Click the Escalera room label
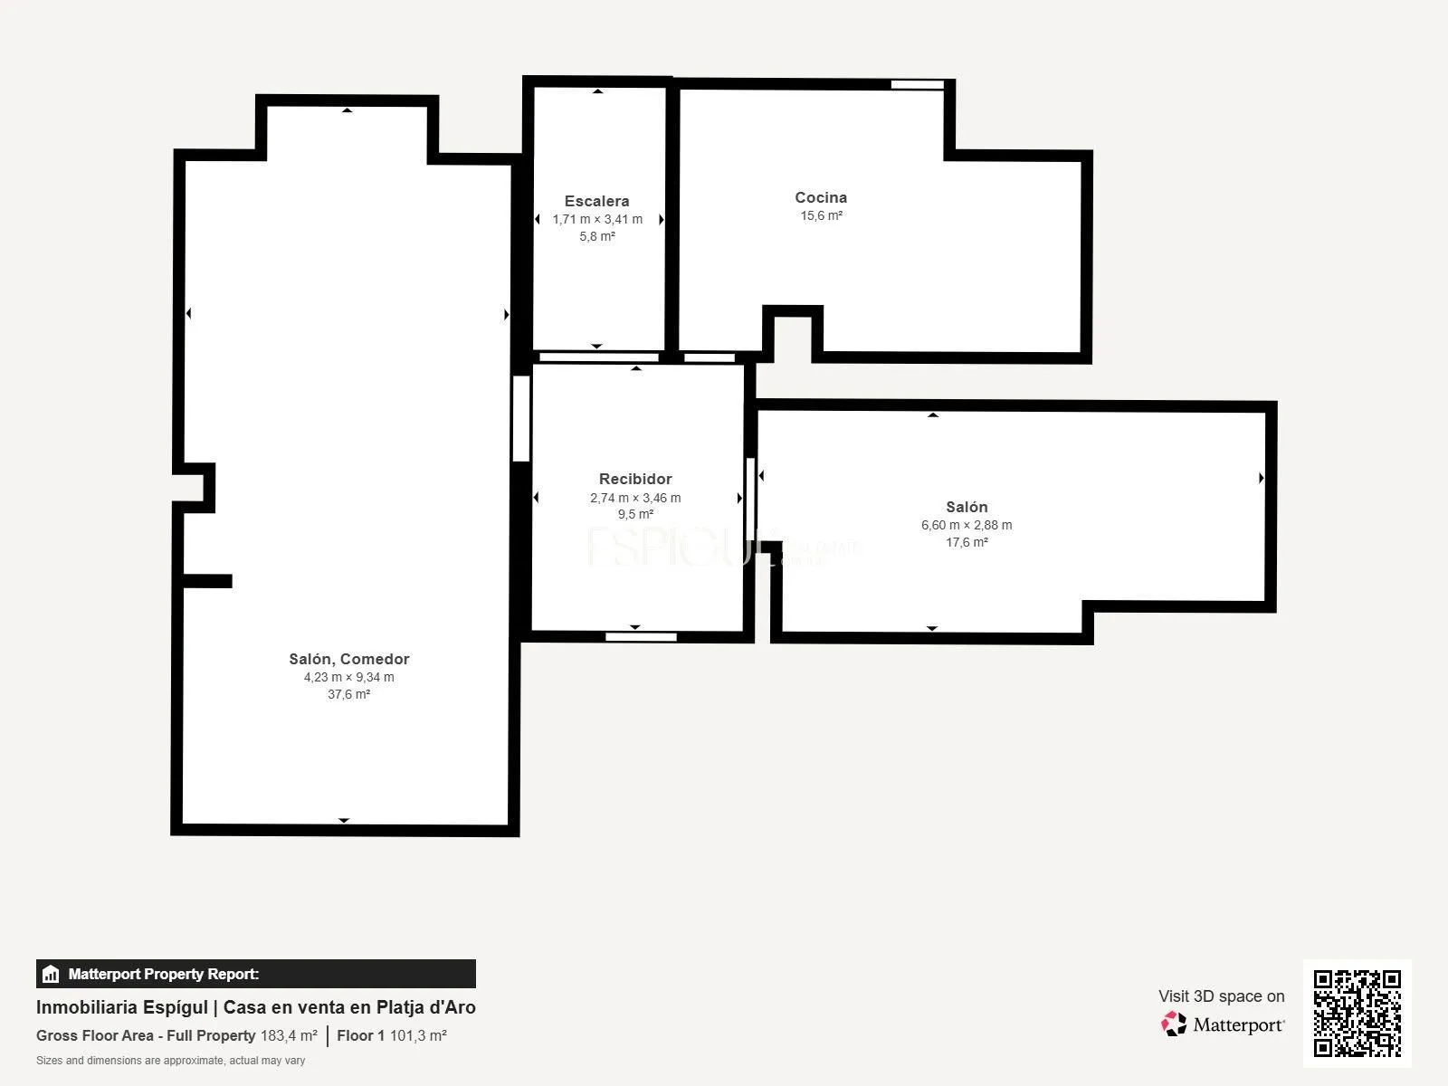(x=596, y=201)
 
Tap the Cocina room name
(x=821, y=197)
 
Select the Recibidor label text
(x=635, y=479)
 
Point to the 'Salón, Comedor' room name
(x=349, y=659)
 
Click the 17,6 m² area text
(x=967, y=542)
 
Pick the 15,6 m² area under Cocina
(x=821, y=215)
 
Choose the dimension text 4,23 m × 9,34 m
(x=349, y=677)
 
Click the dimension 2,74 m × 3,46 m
(x=635, y=498)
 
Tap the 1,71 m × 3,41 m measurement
(x=597, y=219)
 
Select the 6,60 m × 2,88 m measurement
(x=967, y=525)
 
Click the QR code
(x=1357, y=1014)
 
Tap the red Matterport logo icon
(x=1174, y=1024)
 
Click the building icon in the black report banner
(x=51, y=974)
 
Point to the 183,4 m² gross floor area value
(x=289, y=1036)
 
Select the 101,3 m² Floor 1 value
(x=418, y=1036)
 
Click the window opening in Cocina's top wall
(x=918, y=84)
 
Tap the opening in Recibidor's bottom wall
(x=642, y=637)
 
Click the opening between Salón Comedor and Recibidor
(x=521, y=419)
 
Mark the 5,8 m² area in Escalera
(x=597, y=236)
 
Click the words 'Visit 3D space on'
(x=1221, y=996)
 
